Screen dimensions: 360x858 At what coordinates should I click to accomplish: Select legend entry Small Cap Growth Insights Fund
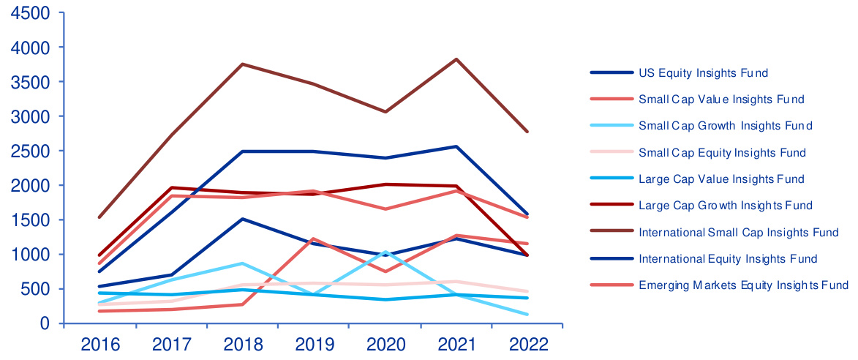725,126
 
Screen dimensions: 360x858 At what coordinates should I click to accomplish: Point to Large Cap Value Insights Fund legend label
721,179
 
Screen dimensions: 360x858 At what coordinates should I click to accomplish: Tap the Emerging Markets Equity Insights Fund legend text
743,285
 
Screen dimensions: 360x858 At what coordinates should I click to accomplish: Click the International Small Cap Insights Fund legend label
738,233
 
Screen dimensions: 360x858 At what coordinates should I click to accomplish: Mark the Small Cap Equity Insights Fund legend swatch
611,153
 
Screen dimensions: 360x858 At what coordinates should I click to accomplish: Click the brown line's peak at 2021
456,59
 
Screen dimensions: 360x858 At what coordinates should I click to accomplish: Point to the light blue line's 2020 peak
385,252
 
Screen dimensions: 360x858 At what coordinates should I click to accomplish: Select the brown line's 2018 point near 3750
243,64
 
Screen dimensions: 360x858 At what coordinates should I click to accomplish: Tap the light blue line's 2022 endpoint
527,315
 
